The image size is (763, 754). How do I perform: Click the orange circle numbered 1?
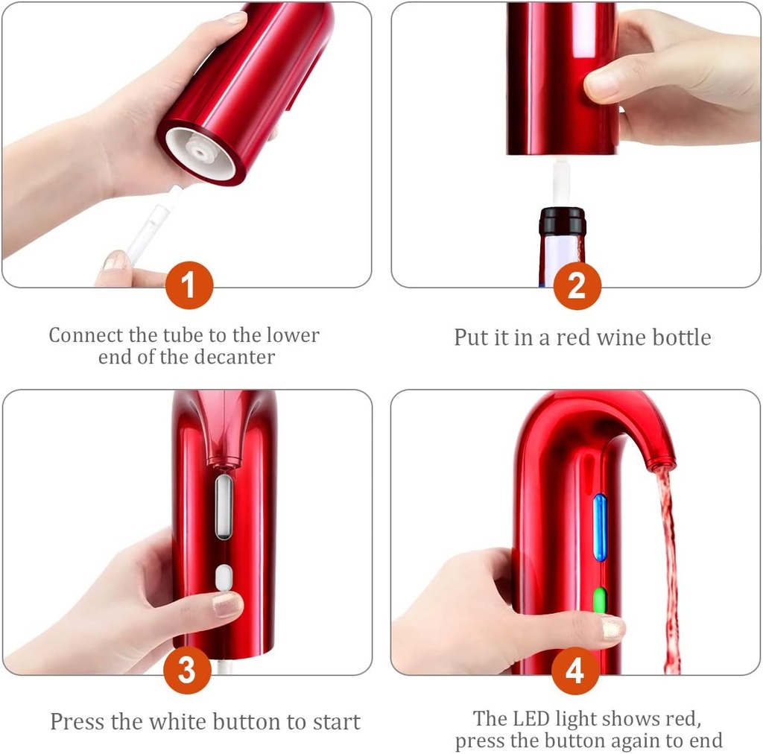click(x=189, y=285)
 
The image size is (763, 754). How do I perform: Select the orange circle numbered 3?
click(x=186, y=670)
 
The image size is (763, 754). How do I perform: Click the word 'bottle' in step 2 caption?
click(x=682, y=338)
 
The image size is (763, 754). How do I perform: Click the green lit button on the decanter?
click(x=599, y=601)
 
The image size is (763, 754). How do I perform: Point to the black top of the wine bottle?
click(x=562, y=220)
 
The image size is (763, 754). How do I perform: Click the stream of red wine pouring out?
click(x=667, y=566)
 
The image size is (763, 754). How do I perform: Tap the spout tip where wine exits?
click(x=659, y=465)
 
